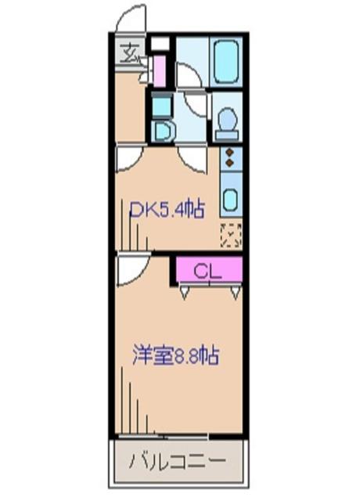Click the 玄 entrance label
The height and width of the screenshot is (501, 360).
[x=128, y=54]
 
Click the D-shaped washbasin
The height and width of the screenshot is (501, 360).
[x=162, y=130]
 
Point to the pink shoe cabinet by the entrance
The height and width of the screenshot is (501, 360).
[x=160, y=71]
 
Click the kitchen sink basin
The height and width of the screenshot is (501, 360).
[x=230, y=198]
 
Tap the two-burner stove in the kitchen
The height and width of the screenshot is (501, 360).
[x=230, y=157]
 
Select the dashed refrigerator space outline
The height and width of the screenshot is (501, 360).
[x=230, y=234]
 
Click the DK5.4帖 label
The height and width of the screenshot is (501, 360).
[x=167, y=210]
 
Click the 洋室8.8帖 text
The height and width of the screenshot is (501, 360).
[x=175, y=355]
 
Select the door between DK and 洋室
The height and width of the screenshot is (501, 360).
[x=128, y=270]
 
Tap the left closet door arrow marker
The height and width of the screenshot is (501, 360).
[x=185, y=294]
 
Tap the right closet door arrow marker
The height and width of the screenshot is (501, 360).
[x=235, y=294]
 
